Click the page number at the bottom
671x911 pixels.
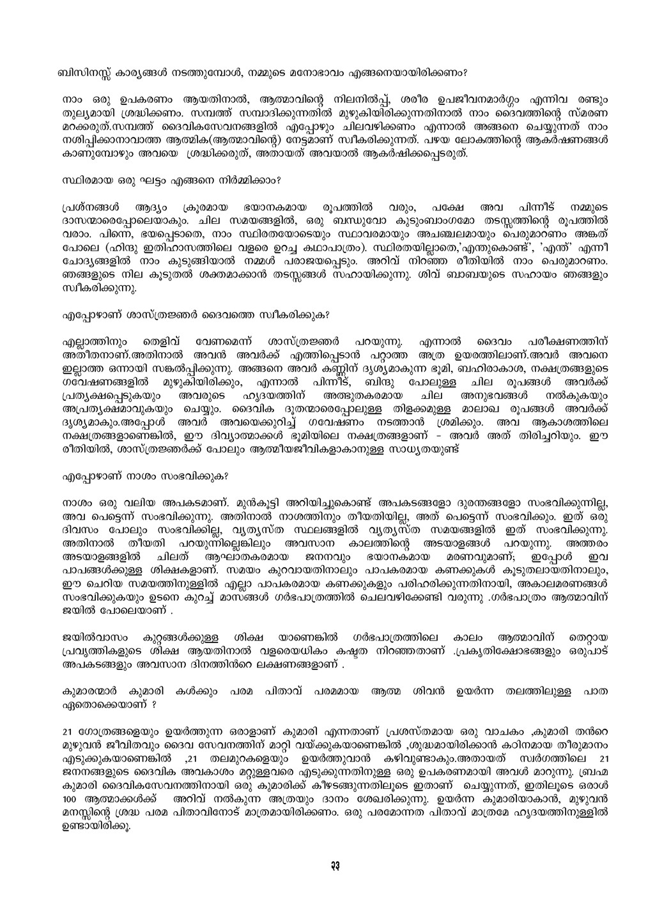click(x=335, y=864)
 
